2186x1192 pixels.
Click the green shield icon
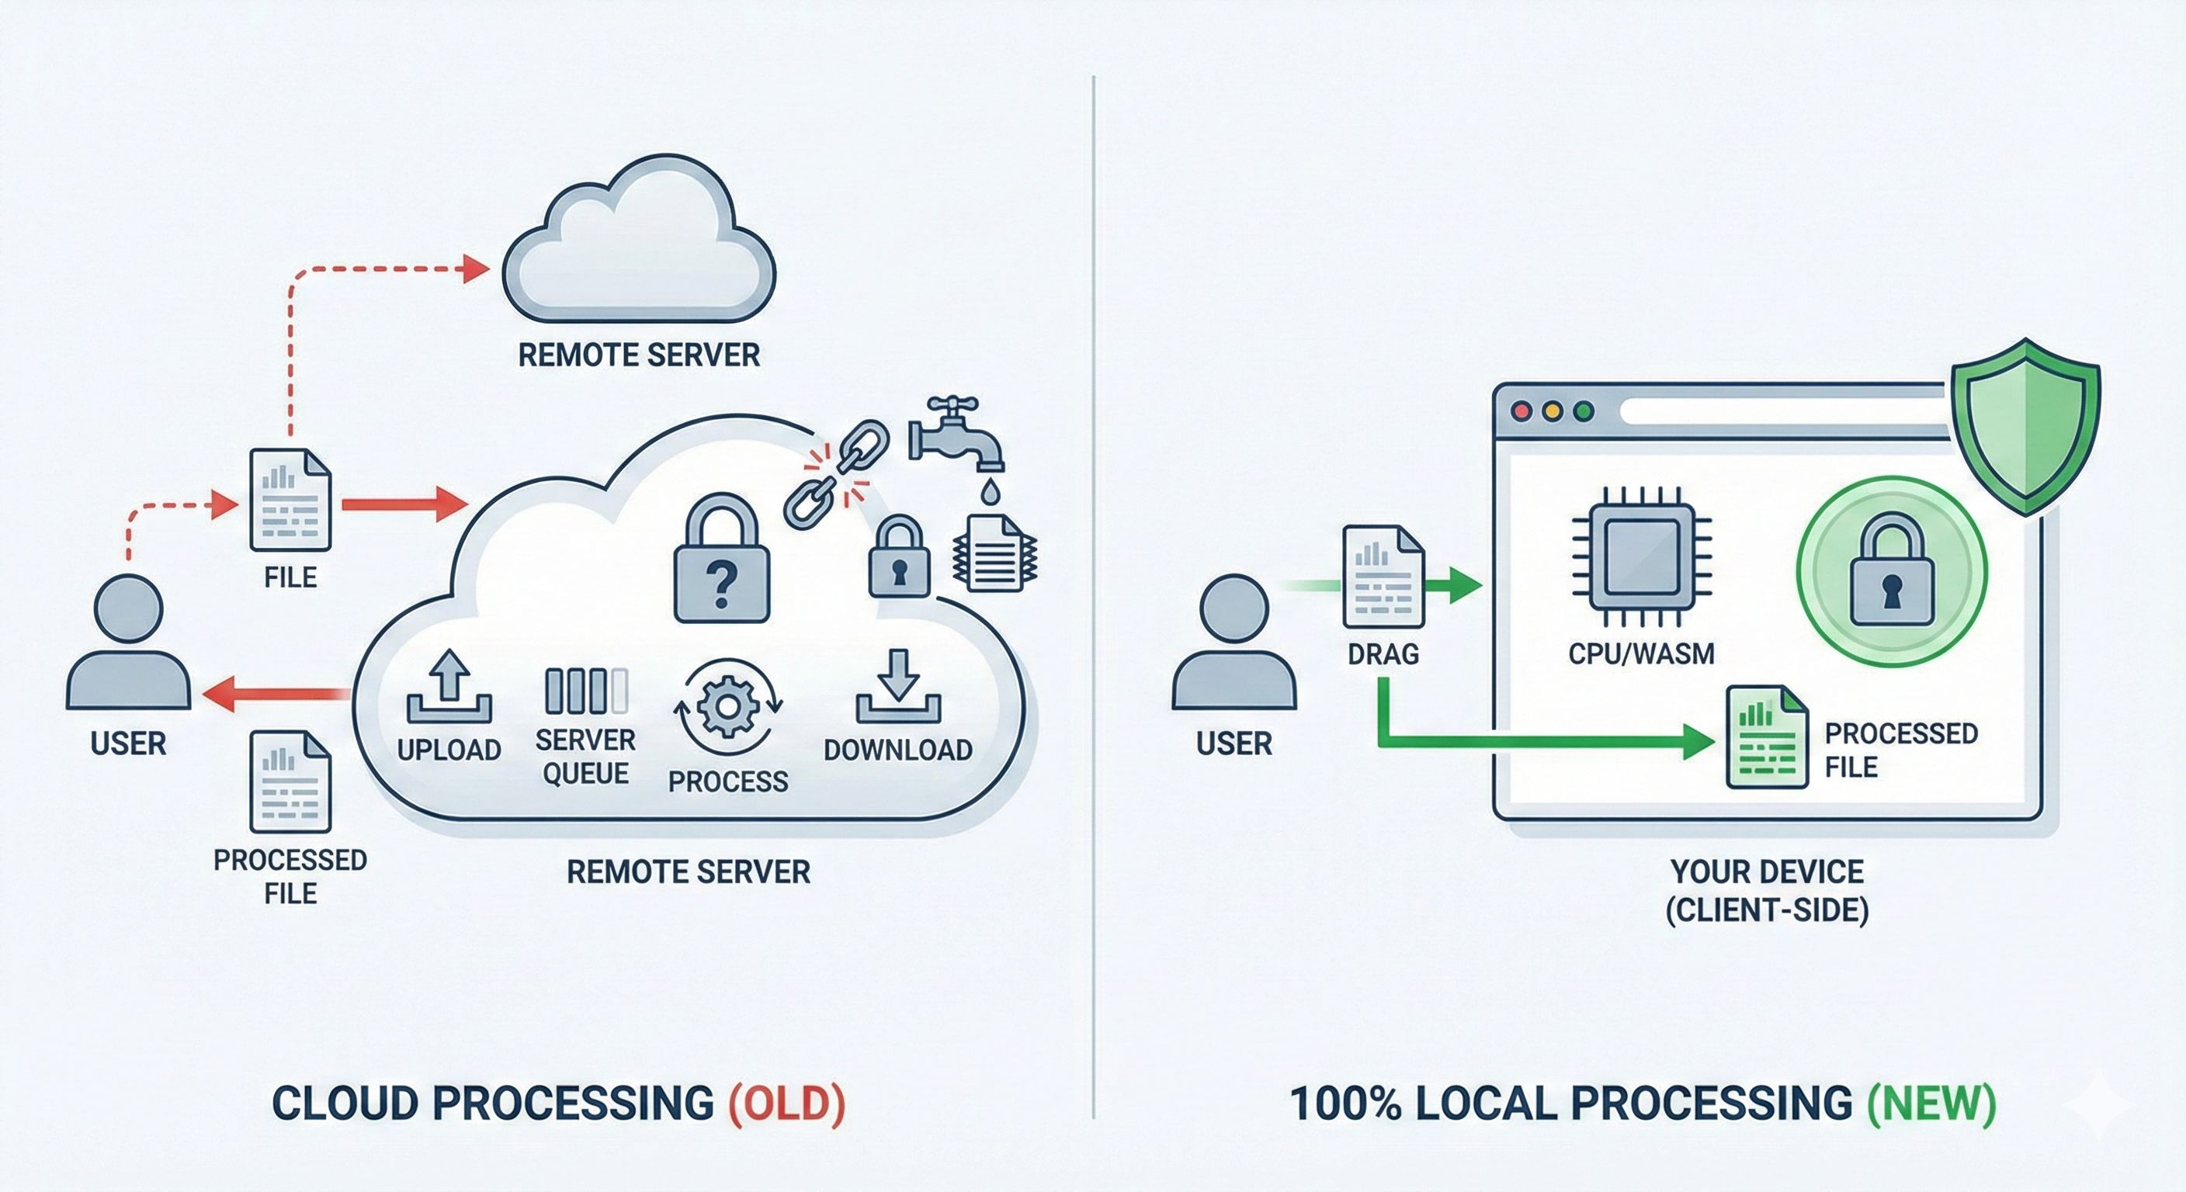pos(2025,427)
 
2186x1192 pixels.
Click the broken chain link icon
pos(836,475)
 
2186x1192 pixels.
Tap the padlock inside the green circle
pos(1892,573)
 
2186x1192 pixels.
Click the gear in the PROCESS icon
pos(727,706)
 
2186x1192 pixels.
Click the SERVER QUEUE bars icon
pos(586,691)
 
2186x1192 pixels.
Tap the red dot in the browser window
pos(1522,411)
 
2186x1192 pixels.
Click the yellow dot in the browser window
pos(1552,411)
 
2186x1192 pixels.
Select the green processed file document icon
pos(1766,737)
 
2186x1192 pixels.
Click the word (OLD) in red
pos(786,1103)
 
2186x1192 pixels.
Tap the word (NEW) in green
pos(1931,1103)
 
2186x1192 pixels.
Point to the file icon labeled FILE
pos(290,500)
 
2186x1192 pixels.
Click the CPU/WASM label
pos(1640,653)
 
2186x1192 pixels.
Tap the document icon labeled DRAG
pos(1383,577)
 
